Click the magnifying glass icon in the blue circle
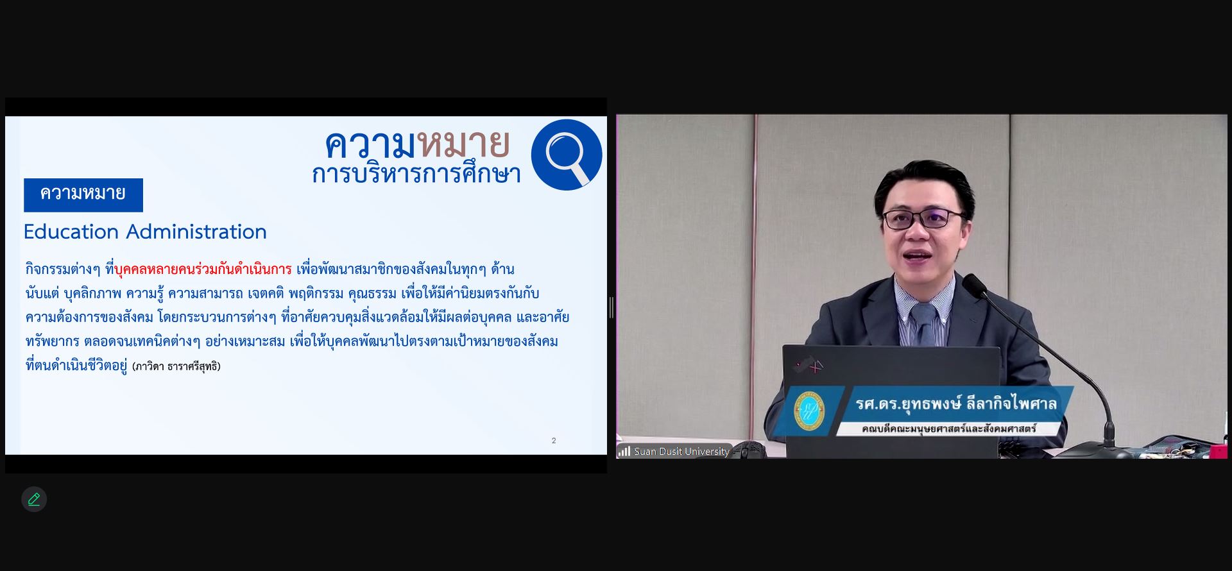tap(567, 155)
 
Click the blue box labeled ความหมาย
tap(83, 195)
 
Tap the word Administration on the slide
tap(196, 232)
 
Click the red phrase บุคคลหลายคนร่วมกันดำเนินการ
tap(203, 269)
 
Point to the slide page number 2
tap(554, 441)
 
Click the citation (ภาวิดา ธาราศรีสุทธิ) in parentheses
tap(176, 366)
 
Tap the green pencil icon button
tap(34, 499)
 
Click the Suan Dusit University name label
tap(681, 452)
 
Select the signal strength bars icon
tap(624, 452)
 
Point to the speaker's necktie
tap(924, 323)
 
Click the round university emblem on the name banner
tap(809, 411)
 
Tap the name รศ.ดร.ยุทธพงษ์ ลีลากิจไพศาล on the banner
tap(956, 404)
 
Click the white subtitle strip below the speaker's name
tap(949, 429)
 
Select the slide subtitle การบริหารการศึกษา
tap(416, 174)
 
